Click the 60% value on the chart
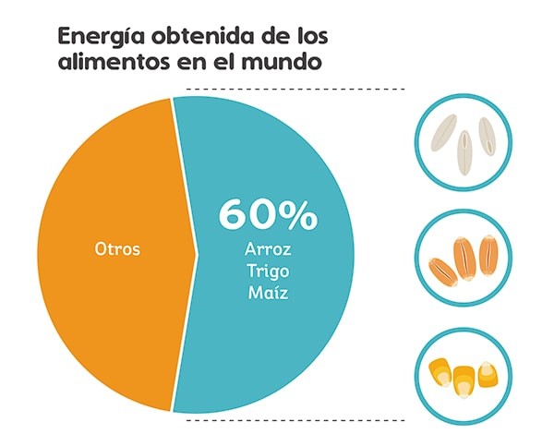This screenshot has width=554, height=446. pos(268,214)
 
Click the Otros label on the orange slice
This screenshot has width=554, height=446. pos(118,249)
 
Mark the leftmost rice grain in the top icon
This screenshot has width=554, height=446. pos(446,135)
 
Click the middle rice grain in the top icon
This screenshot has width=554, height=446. pos(465,144)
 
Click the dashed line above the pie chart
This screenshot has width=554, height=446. pos(295,90)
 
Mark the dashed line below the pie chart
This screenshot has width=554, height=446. pos(295,420)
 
